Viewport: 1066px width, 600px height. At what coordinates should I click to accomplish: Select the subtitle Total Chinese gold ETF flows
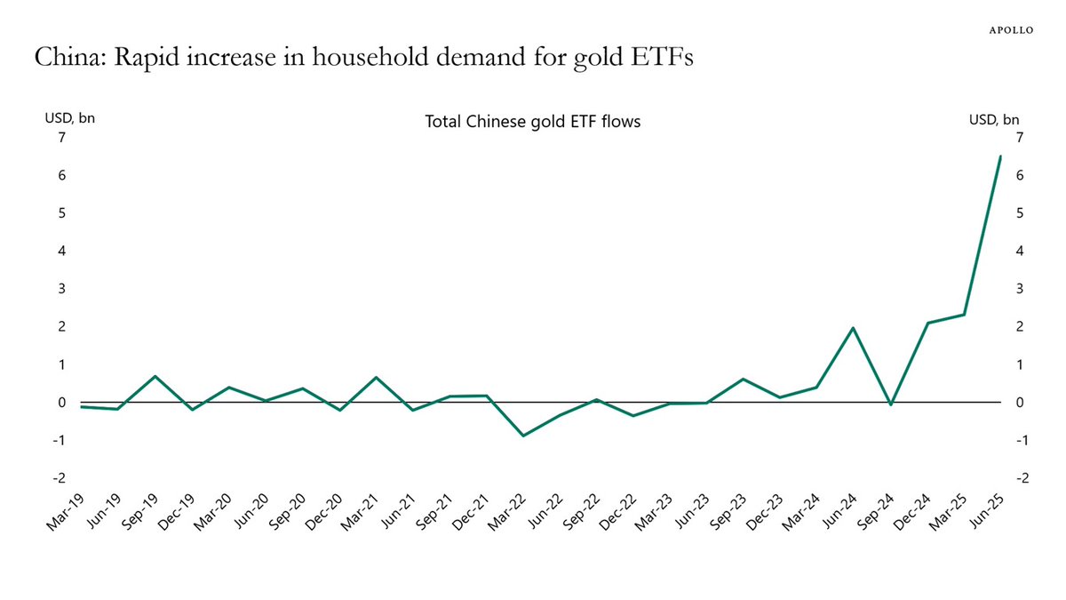click(x=533, y=122)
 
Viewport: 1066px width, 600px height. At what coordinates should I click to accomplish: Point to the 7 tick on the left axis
click(x=61, y=137)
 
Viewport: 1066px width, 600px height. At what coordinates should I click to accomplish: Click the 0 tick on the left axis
click(x=61, y=403)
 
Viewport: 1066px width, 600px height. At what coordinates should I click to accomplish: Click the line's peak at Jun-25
click(x=1000, y=156)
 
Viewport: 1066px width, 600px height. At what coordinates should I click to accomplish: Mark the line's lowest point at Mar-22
click(x=522, y=436)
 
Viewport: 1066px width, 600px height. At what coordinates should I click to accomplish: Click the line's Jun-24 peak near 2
click(x=854, y=328)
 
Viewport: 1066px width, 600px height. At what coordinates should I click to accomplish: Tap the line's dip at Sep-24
click(x=890, y=405)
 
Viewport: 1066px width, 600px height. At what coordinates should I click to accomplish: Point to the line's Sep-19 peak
click(x=154, y=376)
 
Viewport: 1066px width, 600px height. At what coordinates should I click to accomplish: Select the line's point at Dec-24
click(x=927, y=323)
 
